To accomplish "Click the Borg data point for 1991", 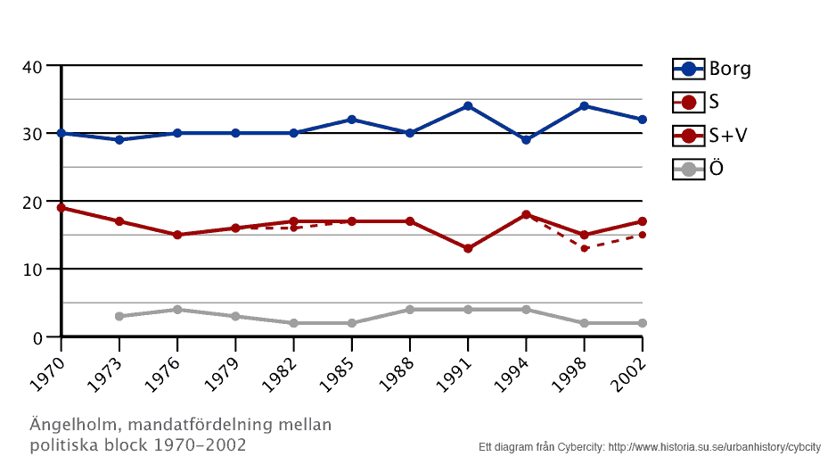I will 468,106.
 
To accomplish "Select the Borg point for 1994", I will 526,140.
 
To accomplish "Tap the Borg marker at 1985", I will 352,120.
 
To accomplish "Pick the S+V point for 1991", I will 468,248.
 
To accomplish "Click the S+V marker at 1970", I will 61,208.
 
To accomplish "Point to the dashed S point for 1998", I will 585,248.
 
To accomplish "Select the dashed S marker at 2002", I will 642,235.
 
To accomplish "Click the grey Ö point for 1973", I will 119,316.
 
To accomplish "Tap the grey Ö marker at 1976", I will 177,310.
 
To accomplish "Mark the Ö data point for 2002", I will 642,323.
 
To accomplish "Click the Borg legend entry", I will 729,69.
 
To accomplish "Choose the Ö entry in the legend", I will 716,169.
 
